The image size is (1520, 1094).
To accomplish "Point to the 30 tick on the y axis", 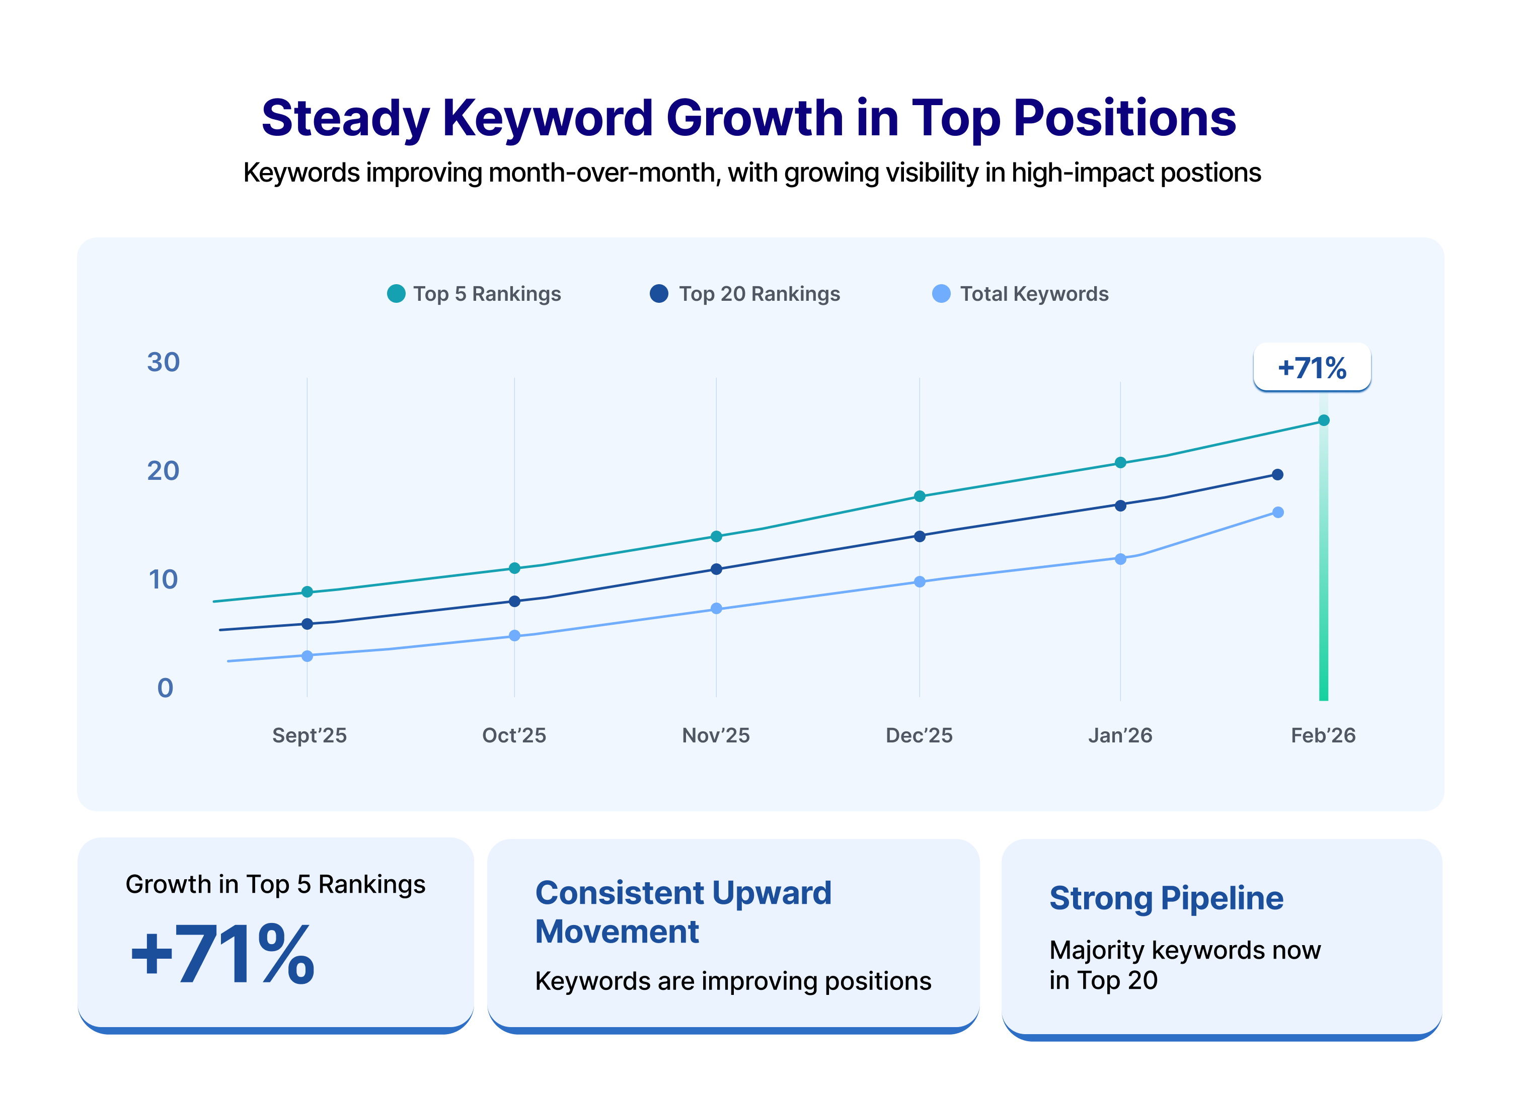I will [x=164, y=363].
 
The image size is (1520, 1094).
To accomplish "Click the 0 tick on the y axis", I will [x=165, y=688].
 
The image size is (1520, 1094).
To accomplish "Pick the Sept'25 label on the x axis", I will [x=309, y=735].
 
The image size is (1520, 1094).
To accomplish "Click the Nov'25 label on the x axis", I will [x=716, y=735].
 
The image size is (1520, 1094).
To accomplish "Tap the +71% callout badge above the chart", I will [x=1312, y=368].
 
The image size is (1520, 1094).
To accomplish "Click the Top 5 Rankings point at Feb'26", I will [x=1324, y=420].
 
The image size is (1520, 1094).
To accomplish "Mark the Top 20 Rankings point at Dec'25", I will [x=920, y=536].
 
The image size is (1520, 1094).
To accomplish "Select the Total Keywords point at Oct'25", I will [x=514, y=635].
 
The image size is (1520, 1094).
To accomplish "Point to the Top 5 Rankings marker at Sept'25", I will [x=307, y=592].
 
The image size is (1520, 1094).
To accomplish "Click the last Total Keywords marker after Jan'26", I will [x=1277, y=512].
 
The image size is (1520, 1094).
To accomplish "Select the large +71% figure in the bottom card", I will [x=222, y=954].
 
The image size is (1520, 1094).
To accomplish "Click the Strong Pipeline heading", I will [x=1166, y=898].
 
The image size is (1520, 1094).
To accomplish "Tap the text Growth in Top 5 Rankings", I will [x=275, y=884].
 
